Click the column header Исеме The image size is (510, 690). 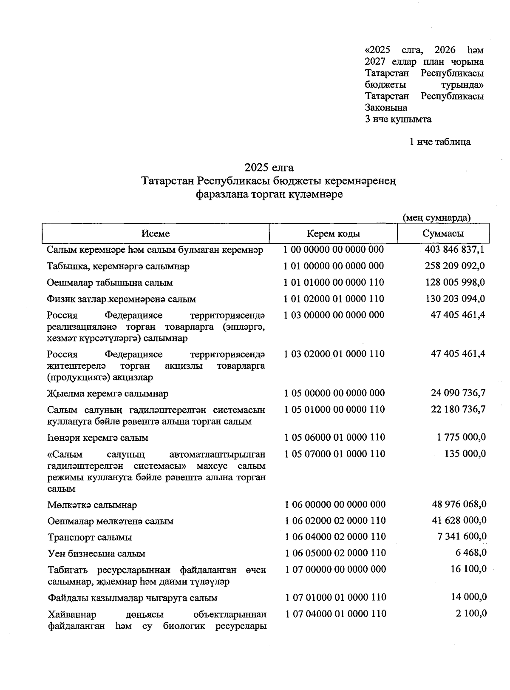coord(156,234)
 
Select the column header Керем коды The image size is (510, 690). coord(334,234)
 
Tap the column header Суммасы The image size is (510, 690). coord(443,234)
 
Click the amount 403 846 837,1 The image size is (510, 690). coord(454,249)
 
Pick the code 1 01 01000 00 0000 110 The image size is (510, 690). coord(334,282)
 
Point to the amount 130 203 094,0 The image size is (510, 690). coord(455,299)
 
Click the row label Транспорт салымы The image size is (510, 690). coord(90,537)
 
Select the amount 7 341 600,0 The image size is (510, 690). coord(462,536)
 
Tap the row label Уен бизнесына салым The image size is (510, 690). coord(96,553)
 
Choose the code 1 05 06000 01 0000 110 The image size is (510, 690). coord(334,437)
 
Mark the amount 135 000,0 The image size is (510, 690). coord(465,454)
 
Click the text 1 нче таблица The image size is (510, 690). coord(440,142)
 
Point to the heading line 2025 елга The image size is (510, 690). coord(269,167)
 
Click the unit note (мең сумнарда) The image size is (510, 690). coord(436,218)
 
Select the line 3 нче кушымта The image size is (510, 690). coord(398,119)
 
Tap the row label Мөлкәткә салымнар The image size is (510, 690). coord(92,505)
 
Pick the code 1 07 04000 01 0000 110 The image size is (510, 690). coord(335,613)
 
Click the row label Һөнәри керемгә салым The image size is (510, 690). coord(98,438)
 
